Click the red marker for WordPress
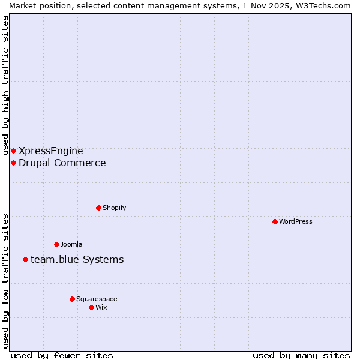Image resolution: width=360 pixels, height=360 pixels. pyautogui.click(x=275, y=221)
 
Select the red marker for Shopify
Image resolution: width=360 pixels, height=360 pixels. pyautogui.click(x=98, y=208)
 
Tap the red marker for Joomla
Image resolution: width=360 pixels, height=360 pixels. pyautogui.click(x=56, y=244)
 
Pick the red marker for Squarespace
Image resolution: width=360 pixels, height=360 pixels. pyautogui.click(x=72, y=299)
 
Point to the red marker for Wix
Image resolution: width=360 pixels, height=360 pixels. pyautogui.click(x=91, y=307)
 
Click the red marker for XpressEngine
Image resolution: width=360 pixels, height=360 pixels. pyautogui.click(x=13, y=151)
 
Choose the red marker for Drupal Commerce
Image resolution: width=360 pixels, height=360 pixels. pyautogui.click(x=13, y=163)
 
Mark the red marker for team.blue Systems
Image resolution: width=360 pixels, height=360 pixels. pyautogui.click(x=25, y=259)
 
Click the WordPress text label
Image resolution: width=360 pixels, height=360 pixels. pyautogui.click(x=296, y=221)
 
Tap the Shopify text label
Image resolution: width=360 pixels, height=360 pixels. pyautogui.click(x=114, y=208)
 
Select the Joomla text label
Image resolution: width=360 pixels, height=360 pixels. pyautogui.click(x=71, y=244)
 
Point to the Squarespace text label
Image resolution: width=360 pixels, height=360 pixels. pyautogui.click(x=97, y=299)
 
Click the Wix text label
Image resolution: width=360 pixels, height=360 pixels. pyautogui.click(x=101, y=307)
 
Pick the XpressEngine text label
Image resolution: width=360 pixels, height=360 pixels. pyautogui.click(x=51, y=151)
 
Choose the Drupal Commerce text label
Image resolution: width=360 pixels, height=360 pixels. pyautogui.click(x=62, y=163)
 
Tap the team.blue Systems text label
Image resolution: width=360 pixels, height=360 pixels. pyautogui.click(x=77, y=259)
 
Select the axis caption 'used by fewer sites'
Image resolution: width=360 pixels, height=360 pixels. pyautogui.click(x=62, y=355)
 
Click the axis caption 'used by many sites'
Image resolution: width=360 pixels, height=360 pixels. pyautogui.click(x=301, y=355)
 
